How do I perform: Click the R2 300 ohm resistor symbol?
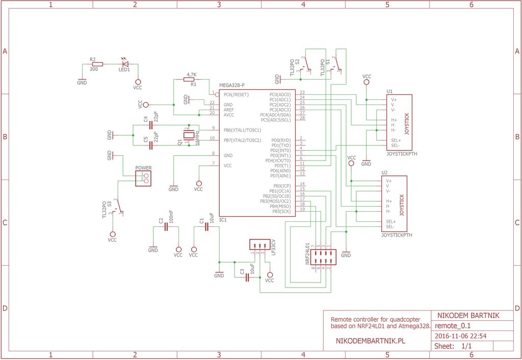click(96, 64)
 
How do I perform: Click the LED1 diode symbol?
click(125, 64)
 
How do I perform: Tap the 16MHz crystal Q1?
click(190, 135)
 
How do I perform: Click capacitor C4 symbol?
click(151, 125)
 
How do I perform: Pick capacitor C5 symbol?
click(151, 145)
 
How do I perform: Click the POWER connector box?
click(143, 178)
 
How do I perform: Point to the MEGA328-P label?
click(232, 85)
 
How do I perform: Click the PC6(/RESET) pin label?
click(236, 95)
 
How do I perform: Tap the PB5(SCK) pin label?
click(281, 211)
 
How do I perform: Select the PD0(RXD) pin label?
click(281, 140)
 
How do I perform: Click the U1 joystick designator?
click(389, 91)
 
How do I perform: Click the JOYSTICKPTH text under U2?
click(397, 236)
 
